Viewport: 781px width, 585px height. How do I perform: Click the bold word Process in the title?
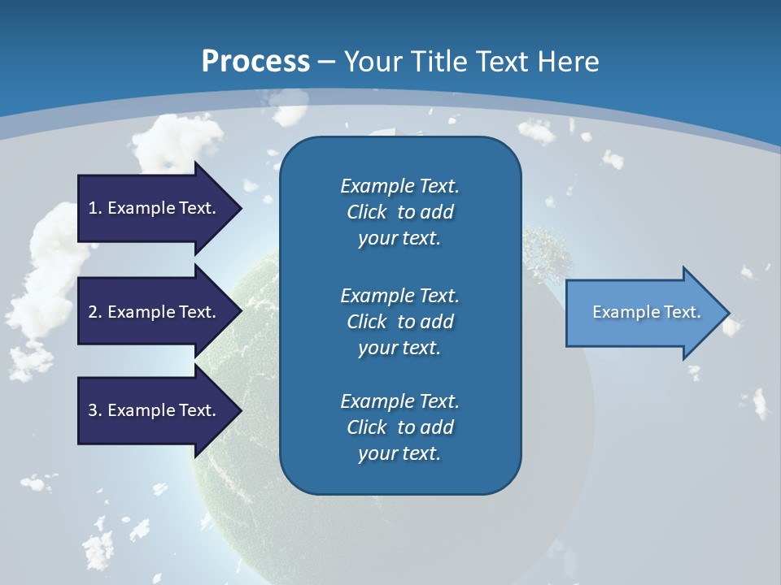pos(255,62)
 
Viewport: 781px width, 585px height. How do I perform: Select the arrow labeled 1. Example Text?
pos(155,208)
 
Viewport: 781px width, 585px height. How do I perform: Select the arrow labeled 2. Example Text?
pos(155,312)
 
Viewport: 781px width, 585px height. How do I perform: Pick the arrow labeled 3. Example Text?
pos(155,410)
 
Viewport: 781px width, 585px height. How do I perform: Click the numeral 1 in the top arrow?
pos(93,208)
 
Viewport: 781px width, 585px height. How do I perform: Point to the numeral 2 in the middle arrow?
pos(93,312)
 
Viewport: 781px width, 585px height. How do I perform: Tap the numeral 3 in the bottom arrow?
pos(93,410)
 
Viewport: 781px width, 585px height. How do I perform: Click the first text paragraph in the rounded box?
pos(399,212)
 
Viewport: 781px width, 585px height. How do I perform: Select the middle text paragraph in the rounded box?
pos(399,322)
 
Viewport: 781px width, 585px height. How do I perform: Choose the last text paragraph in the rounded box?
pos(399,427)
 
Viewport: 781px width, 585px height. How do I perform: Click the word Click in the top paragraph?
pos(367,212)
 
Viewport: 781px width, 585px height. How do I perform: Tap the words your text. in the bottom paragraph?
pos(399,454)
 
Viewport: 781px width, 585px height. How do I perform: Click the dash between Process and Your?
pos(327,62)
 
